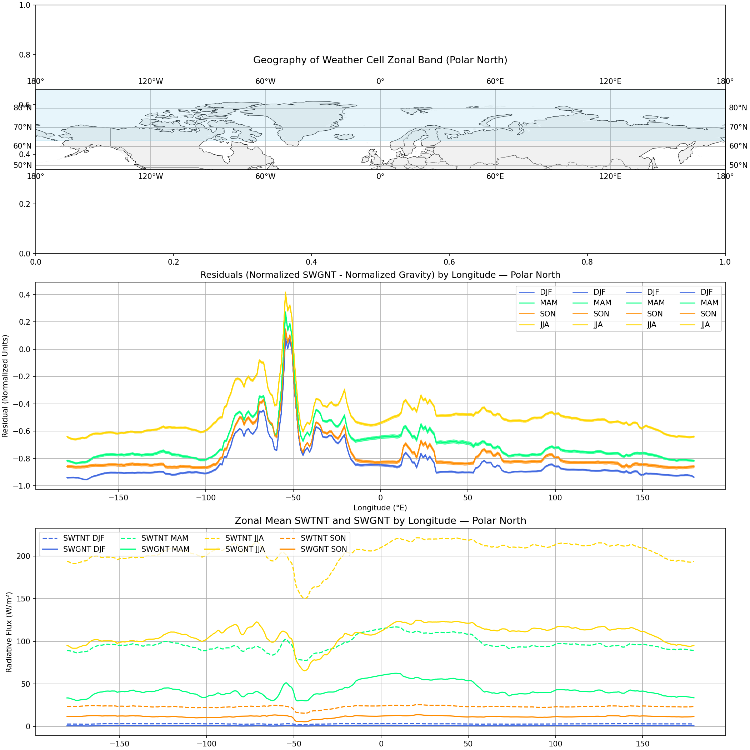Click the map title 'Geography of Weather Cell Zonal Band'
(380, 60)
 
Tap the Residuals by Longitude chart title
(380, 275)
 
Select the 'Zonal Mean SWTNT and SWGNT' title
(380, 521)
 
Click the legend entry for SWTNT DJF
(84, 538)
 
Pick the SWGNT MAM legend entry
(165, 549)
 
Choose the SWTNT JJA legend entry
(244, 538)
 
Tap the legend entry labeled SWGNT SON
(323, 549)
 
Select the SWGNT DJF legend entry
(84, 549)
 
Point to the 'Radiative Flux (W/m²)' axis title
(9, 632)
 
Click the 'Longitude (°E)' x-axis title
(380, 508)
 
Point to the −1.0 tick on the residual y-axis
(22, 486)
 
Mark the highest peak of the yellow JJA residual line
(285, 293)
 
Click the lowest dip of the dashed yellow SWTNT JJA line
(305, 598)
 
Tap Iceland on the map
(344, 137)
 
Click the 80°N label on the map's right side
(737, 108)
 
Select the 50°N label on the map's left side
(22, 165)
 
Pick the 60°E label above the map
(495, 81)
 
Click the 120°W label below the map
(151, 177)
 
